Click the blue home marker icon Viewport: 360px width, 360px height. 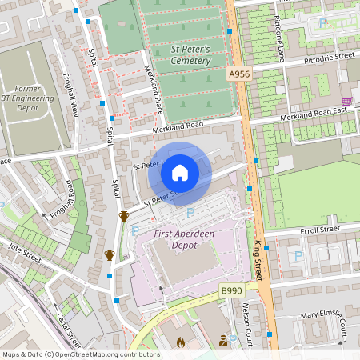pyautogui.click(x=180, y=172)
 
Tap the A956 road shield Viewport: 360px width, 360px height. pyautogui.click(x=238, y=74)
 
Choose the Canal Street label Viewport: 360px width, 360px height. pyautogui.click(x=70, y=326)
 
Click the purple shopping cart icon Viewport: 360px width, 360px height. pyautogui.click(x=346, y=102)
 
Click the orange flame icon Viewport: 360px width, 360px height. pyautogui.click(x=180, y=342)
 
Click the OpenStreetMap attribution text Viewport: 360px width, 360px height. pyautogui.click(x=80, y=354)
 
